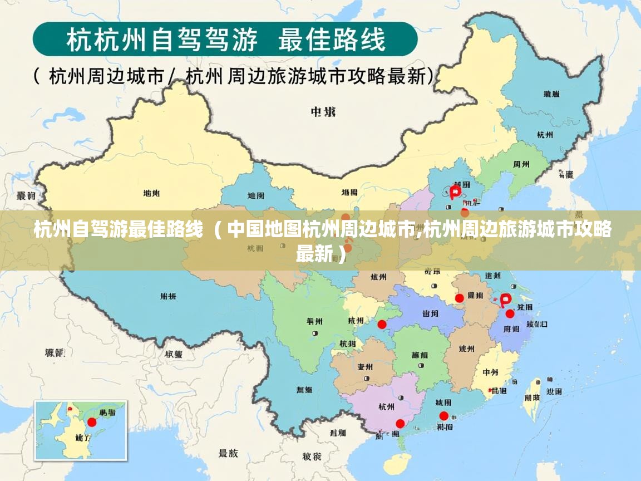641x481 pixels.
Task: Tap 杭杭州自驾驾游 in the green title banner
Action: tap(161, 40)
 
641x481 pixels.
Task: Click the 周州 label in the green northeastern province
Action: tap(521, 164)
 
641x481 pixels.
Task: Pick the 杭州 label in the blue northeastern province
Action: tap(545, 135)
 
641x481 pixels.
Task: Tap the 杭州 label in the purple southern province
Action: tap(386, 406)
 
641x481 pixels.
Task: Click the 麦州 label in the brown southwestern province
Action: tap(365, 367)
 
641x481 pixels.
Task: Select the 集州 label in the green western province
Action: tap(314, 321)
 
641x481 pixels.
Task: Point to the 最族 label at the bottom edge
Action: tap(228, 453)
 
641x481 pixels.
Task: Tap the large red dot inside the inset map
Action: tap(92, 422)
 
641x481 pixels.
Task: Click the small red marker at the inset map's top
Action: tap(70, 409)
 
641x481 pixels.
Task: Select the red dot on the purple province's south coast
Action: tap(400, 423)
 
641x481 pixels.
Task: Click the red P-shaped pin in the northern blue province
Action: tap(456, 191)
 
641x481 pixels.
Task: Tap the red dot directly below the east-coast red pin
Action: tap(510, 313)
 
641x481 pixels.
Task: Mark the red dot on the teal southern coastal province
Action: tap(443, 416)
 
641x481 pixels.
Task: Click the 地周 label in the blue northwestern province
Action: tap(256, 195)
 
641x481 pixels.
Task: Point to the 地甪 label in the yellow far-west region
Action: tap(151, 193)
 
